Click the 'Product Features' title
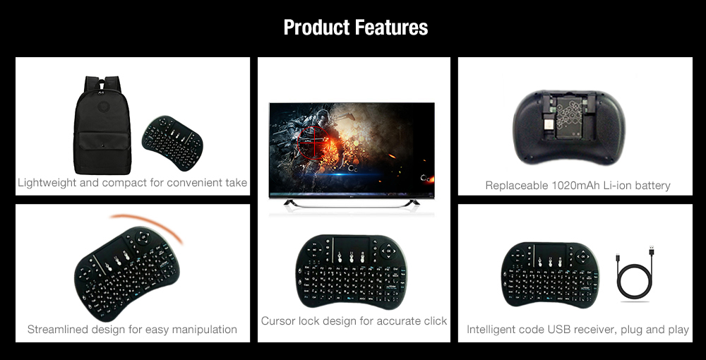coord(355,28)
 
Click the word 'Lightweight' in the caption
coord(48,183)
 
